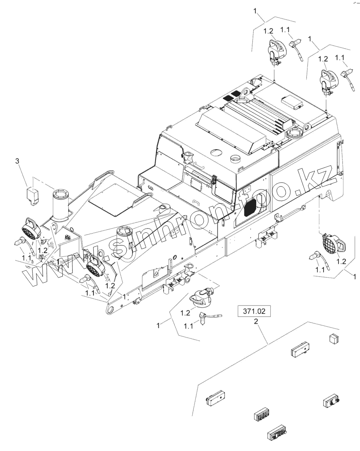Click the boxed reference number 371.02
tap(254, 311)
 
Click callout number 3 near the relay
tap(17, 161)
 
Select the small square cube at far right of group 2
tap(334, 338)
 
